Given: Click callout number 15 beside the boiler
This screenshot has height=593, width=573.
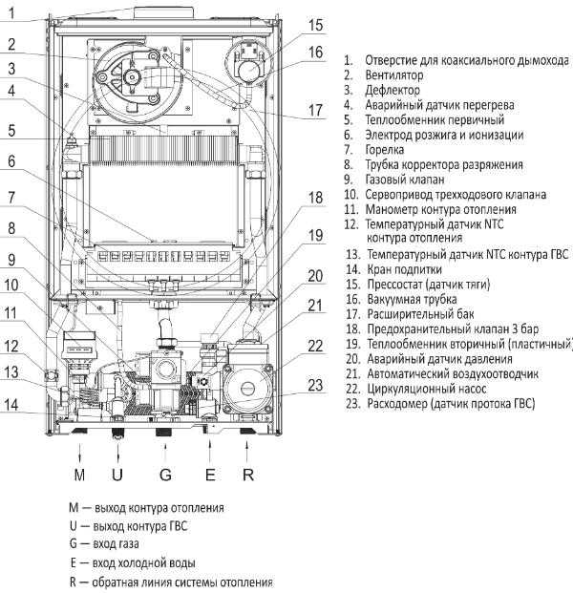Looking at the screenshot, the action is tap(315, 26).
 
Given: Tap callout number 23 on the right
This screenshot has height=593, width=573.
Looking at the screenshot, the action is tap(315, 386).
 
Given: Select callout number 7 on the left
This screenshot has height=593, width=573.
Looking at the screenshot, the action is tap(11, 198).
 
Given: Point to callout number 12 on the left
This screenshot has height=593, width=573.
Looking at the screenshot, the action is tap(11, 346).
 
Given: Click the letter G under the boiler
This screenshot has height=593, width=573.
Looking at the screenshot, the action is tap(165, 475).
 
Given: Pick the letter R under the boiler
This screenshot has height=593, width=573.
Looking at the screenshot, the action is tap(248, 475).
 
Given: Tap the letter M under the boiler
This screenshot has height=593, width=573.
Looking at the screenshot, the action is tap(79, 475).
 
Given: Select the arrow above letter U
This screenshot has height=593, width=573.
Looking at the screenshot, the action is tap(118, 453).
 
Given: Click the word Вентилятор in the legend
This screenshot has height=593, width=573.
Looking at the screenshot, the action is tap(394, 75).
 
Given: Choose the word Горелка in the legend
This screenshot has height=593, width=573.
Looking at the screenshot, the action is tap(384, 150).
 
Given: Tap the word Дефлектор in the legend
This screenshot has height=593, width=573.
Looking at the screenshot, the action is tap(393, 91).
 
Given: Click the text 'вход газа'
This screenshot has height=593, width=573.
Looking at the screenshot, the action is tap(116, 544).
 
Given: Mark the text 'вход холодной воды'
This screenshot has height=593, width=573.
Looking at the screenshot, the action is tap(143, 563).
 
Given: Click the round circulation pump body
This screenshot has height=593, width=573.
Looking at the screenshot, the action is tap(248, 389).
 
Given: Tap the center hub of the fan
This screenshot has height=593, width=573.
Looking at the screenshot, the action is tap(132, 77).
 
